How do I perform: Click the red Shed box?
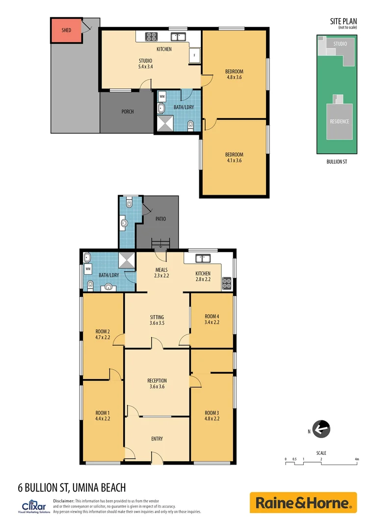pyautogui.click(x=66, y=30)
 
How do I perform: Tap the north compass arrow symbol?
pyautogui.click(x=321, y=430)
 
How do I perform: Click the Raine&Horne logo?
pyautogui.click(x=303, y=503)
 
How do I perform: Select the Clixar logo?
pyautogui.click(x=33, y=507)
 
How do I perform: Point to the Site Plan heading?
pyautogui.click(x=343, y=21)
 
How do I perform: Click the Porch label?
pyautogui.click(x=128, y=112)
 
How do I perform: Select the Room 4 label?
pyautogui.click(x=212, y=316)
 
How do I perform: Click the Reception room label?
pyautogui.click(x=157, y=381)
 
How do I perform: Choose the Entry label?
pyautogui.click(x=157, y=439)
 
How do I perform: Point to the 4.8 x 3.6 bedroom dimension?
pyautogui.click(x=235, y=77)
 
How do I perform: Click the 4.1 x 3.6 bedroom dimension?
pyautogui.click(x=234, y=160)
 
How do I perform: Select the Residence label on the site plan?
pyautogui.click(x=339, y=121)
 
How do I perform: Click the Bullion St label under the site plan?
pyautogui.click(x=337, y=161)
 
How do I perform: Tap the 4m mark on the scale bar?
pyautogui.click(x=357, y=459)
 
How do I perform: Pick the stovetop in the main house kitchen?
pyautogui.click(x=227, y=283)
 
